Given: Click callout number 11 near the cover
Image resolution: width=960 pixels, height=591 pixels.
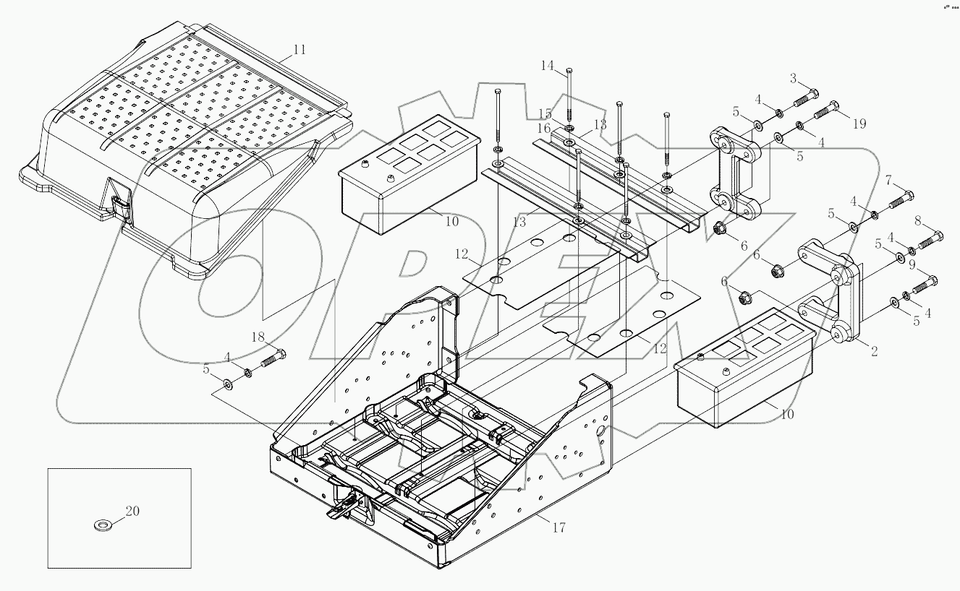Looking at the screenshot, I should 300,50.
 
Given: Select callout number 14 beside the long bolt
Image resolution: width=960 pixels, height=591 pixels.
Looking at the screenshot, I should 547,66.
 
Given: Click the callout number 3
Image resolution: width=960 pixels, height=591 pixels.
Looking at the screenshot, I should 793,78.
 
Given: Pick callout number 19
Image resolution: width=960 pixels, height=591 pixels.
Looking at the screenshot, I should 859,124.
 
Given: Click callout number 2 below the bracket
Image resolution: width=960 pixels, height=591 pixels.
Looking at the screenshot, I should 874,352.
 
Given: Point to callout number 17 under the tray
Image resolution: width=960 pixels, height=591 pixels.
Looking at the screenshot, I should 558,527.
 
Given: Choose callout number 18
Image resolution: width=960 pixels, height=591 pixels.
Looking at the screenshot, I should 258,337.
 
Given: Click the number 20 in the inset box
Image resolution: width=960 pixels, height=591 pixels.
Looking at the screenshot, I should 132,512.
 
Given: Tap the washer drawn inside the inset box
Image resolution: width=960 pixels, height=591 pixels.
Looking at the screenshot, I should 102,523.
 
